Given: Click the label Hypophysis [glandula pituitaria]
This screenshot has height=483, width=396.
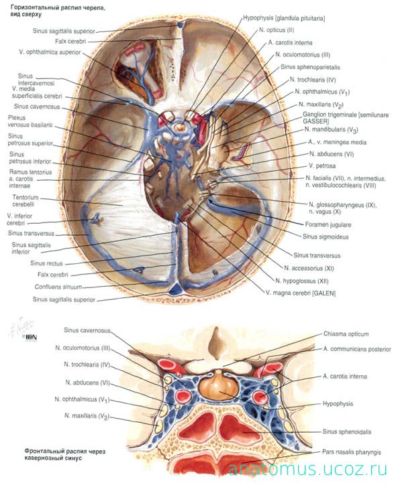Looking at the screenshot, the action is tap(284, 18).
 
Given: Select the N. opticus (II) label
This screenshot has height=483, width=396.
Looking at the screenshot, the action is tap(277, 30).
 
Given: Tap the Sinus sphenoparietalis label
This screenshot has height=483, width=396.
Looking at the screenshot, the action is tap(310, 67).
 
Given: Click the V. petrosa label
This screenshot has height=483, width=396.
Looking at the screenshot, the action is tap(322, 165).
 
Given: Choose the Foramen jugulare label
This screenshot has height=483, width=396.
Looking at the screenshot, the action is tap(328, 224).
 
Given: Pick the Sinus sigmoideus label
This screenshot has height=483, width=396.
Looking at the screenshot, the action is tap(326, 236).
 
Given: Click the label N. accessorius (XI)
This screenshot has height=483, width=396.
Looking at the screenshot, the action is tap(309, 269).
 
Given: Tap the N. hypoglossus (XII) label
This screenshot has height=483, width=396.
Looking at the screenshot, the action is tap(302, 281).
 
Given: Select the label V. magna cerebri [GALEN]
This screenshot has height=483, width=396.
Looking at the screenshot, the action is tap(301, 293).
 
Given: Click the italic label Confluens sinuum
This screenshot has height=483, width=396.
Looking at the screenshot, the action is tap(58, 287).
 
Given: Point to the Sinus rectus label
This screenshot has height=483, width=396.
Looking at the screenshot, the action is tap(46, 263).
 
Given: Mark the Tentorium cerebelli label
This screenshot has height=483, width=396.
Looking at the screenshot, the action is tap(26, 200).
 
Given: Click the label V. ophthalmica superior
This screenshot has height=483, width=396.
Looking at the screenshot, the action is tap(50, 52).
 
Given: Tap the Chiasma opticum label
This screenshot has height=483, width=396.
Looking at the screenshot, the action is tap(346, 334).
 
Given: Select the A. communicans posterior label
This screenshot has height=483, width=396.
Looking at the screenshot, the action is tap(357, 349).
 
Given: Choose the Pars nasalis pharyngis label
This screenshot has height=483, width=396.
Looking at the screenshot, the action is tap(352, 452).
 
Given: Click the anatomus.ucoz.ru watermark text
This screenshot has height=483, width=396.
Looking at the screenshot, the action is tap(307, 469).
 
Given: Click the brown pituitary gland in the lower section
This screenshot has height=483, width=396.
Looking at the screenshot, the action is tap(218, 385).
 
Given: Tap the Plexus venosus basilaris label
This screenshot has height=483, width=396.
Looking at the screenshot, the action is tap(30, 121).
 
